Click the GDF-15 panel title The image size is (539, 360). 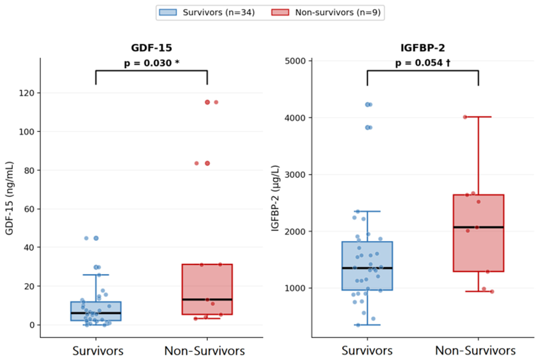151,48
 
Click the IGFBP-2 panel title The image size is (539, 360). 423,48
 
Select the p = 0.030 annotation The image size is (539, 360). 152,63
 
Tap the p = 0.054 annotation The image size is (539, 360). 423,63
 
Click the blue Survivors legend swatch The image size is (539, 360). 168,12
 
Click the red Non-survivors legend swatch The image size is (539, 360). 280,12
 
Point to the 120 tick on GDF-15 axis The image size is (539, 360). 27,93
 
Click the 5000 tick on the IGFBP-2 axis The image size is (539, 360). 295,61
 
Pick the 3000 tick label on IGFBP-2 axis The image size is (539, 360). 295,174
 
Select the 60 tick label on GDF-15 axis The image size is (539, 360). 29,209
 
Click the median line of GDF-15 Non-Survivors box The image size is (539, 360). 207,300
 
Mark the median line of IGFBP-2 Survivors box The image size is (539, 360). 367,268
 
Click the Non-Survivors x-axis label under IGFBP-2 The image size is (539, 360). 475,351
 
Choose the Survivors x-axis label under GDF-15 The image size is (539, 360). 98,351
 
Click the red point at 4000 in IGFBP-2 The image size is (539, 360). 465,117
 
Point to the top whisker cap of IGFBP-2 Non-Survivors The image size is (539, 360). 478,117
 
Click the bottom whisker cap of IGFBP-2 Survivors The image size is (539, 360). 367,325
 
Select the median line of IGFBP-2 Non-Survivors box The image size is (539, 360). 478,227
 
